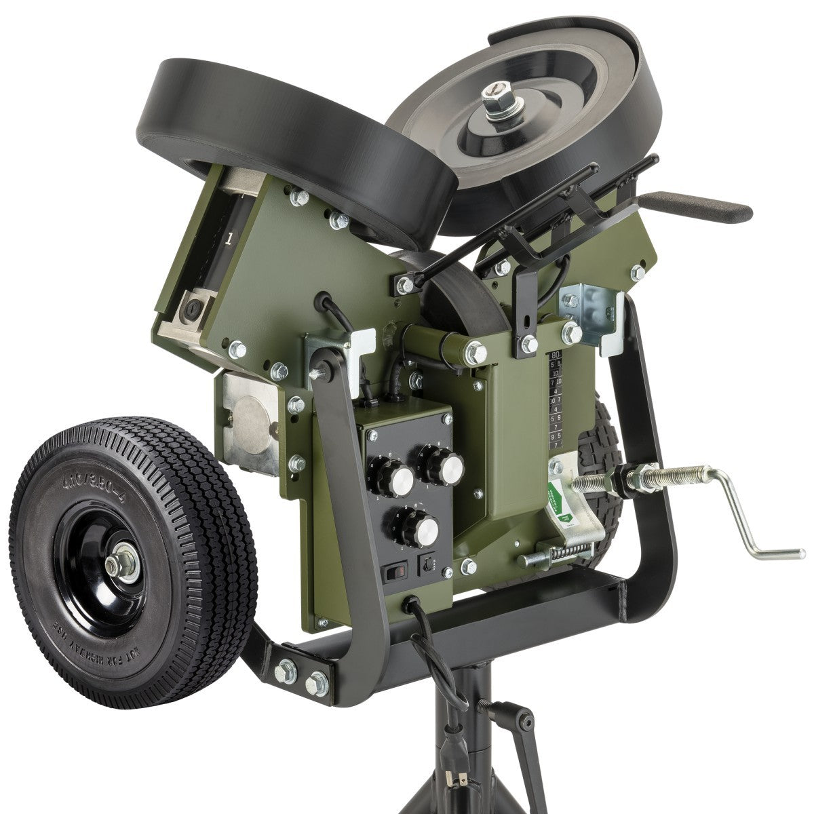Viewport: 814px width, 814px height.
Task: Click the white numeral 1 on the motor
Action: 231,238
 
